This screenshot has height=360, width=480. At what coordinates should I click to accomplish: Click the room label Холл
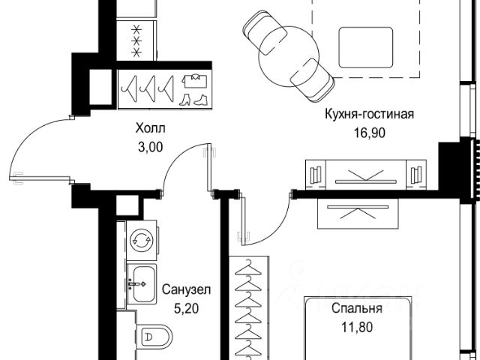(x=150, y=128)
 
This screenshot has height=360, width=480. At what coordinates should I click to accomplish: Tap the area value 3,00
(x=151, y=148)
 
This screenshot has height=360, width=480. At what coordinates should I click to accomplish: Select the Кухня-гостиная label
(x=369, y=114)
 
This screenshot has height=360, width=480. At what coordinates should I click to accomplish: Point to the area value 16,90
(x=370, y=133)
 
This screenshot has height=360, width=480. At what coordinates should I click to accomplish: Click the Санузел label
(x=187, y=289)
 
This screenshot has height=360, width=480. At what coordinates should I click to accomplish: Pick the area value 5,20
(x=187, y=308)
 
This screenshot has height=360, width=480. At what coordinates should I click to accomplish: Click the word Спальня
(x=357, y=308)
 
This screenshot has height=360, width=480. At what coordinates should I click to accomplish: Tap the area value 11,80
(x=357, y=328)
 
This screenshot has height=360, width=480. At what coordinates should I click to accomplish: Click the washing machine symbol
(x=142, y=240)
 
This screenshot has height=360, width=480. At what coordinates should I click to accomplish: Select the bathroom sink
(x=142, y=284)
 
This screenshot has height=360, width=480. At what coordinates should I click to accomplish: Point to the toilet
(x=154, y=337)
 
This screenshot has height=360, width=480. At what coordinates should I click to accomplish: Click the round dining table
(x=289, y=57)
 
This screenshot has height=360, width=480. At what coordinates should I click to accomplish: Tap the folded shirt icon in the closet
(x=195, y=81)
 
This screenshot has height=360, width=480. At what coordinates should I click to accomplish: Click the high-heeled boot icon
(x=184, y=100)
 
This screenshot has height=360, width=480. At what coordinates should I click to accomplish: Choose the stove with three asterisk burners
(x=136, y=40)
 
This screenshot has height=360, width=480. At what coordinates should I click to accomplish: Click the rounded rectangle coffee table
(x=366, y=47)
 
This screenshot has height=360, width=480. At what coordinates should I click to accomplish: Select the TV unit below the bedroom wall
(x=358, y=213)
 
